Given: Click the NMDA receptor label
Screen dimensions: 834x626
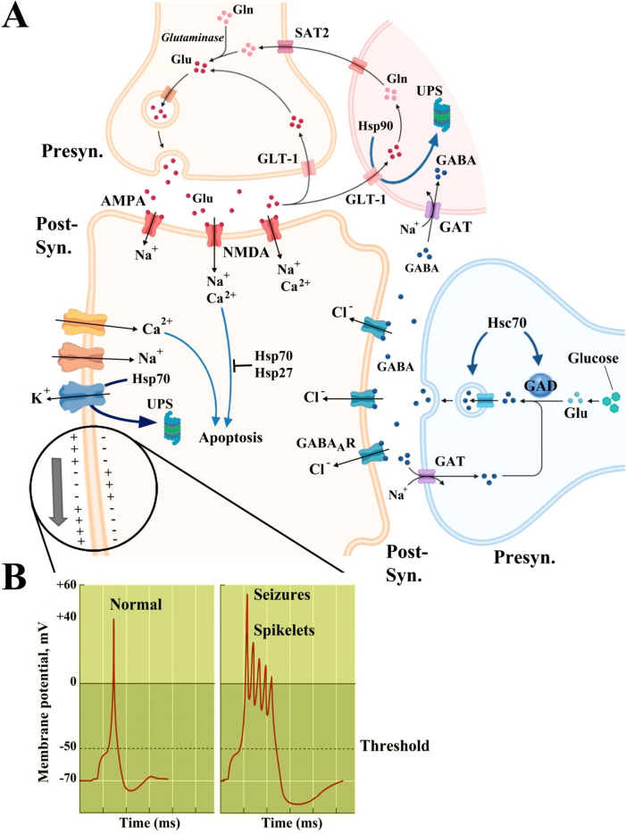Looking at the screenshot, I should [246, 228].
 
